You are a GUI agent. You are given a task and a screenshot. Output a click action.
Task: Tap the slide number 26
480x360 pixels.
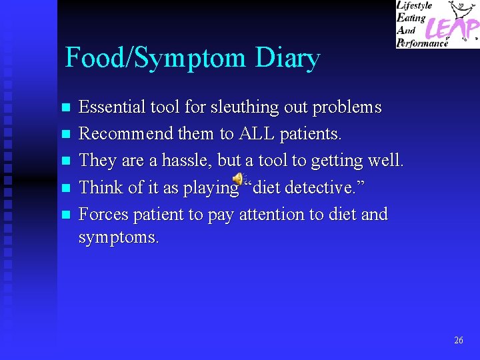tap(458, 340)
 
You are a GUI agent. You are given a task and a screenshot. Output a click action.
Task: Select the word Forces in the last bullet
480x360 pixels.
tap(104, 215)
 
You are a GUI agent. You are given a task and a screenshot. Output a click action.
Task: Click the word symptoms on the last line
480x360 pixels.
tap(119, 237)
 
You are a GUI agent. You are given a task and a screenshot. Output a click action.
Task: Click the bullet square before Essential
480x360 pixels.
tap(65, 108)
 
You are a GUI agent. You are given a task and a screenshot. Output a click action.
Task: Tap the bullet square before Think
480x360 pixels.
tap(65, 188)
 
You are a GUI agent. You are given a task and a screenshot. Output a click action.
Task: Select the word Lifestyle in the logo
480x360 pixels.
tap(415, 6)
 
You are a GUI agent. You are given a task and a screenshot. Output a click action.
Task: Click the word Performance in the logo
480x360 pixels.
tap(423, 43)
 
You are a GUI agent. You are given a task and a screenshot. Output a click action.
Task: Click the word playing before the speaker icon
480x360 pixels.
tap(210, 188)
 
